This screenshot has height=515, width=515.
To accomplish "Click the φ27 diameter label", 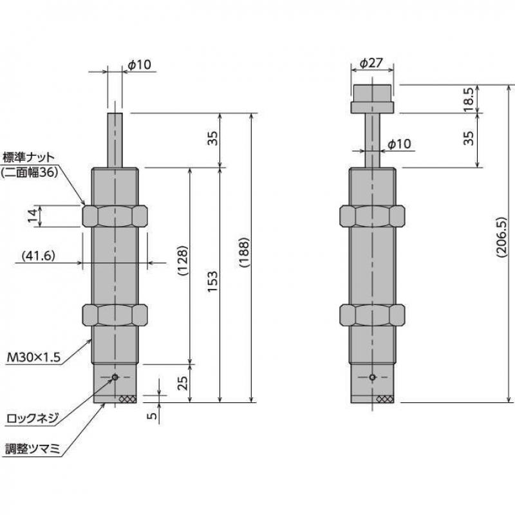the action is click(x=371, y=62).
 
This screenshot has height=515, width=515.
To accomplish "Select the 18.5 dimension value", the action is click(x=469, y=99).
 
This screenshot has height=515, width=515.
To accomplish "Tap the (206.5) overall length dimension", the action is click(x=501, y=236).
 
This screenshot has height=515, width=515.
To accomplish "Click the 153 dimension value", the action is click(x=212, y=281).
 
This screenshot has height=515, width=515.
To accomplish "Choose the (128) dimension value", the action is click(x=182, y=261).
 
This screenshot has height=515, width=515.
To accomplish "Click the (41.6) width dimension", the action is click(x=39, y=255).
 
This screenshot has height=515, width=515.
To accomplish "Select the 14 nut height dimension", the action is click(x=33, y=216).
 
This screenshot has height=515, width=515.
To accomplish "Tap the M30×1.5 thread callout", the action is click(x=34, y=357).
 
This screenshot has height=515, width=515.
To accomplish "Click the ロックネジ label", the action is click(x=33, y=418).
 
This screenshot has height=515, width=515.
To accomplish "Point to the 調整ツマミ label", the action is click(x=33, y=449).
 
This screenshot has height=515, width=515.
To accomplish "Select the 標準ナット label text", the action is click(x=28, y=157).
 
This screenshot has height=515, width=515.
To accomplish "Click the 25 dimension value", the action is click(x=182, y=382).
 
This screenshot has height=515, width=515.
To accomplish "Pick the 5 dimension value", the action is click(x=151, y=416).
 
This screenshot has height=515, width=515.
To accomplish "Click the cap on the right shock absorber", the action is click(x=372, y=99).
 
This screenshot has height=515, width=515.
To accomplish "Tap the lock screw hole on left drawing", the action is click(x=115, y=377).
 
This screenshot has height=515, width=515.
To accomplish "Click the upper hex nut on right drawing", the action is click(x=372, y=216).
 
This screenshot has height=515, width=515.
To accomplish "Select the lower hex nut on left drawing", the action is click(x=115, y=315).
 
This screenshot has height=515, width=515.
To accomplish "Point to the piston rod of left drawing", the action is click(x=115, y=140).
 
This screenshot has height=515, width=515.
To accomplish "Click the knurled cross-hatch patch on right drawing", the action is click(x=385, y=399).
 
